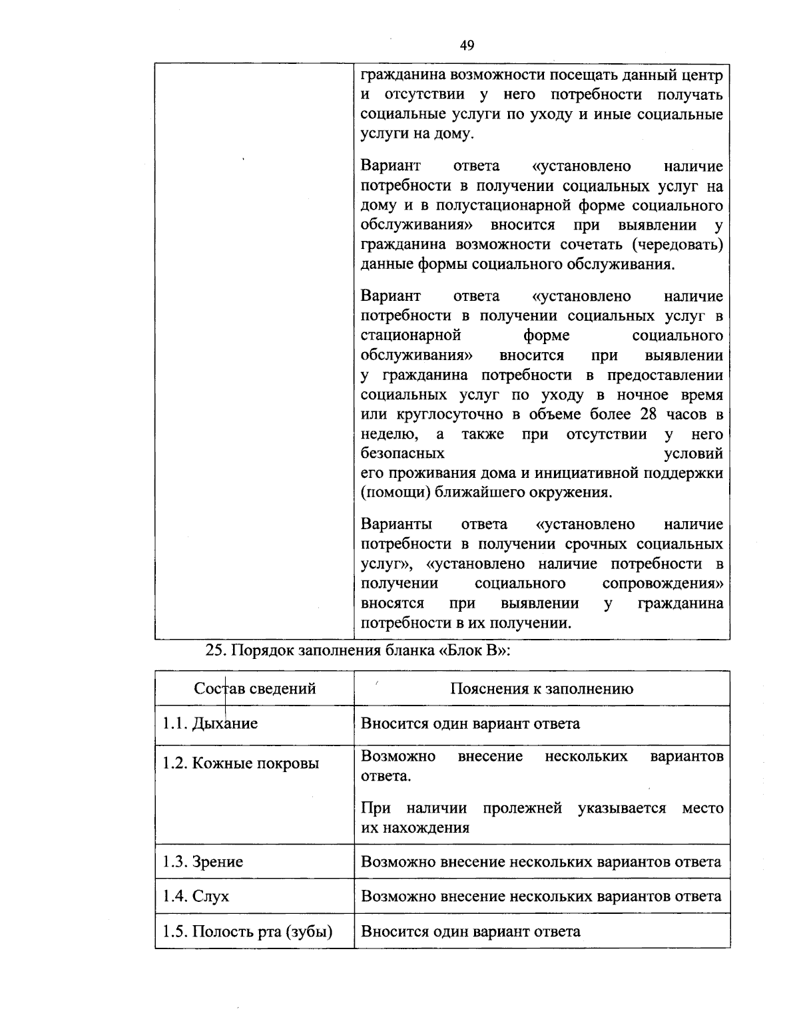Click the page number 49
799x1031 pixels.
pyautogui.click(x=467, y=45)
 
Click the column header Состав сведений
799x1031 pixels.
pyautogui.click(x=255, y=688)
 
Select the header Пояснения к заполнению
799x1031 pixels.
pyautogui.click(x=541, y=688)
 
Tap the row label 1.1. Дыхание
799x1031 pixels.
pyautogui.click(x=210, y=723)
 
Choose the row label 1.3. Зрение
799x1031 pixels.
pyautogui.click(x=202, y=862)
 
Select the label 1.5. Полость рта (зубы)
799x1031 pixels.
pyautogui.click(x=247, y=931)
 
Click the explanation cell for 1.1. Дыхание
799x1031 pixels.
pyautogui.click(x=470, y=723)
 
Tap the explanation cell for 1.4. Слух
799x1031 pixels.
pyautogui.click(x=541, y=896)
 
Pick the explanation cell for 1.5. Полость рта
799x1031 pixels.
pyautogui.click(x=470, y=931)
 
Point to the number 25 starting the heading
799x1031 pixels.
pyautogui.click(x=214, y=651)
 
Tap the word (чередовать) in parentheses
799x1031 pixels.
pyautogui.click(x=676, y=245)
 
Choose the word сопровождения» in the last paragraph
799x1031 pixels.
pyautogui.click(x=663, y=584)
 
